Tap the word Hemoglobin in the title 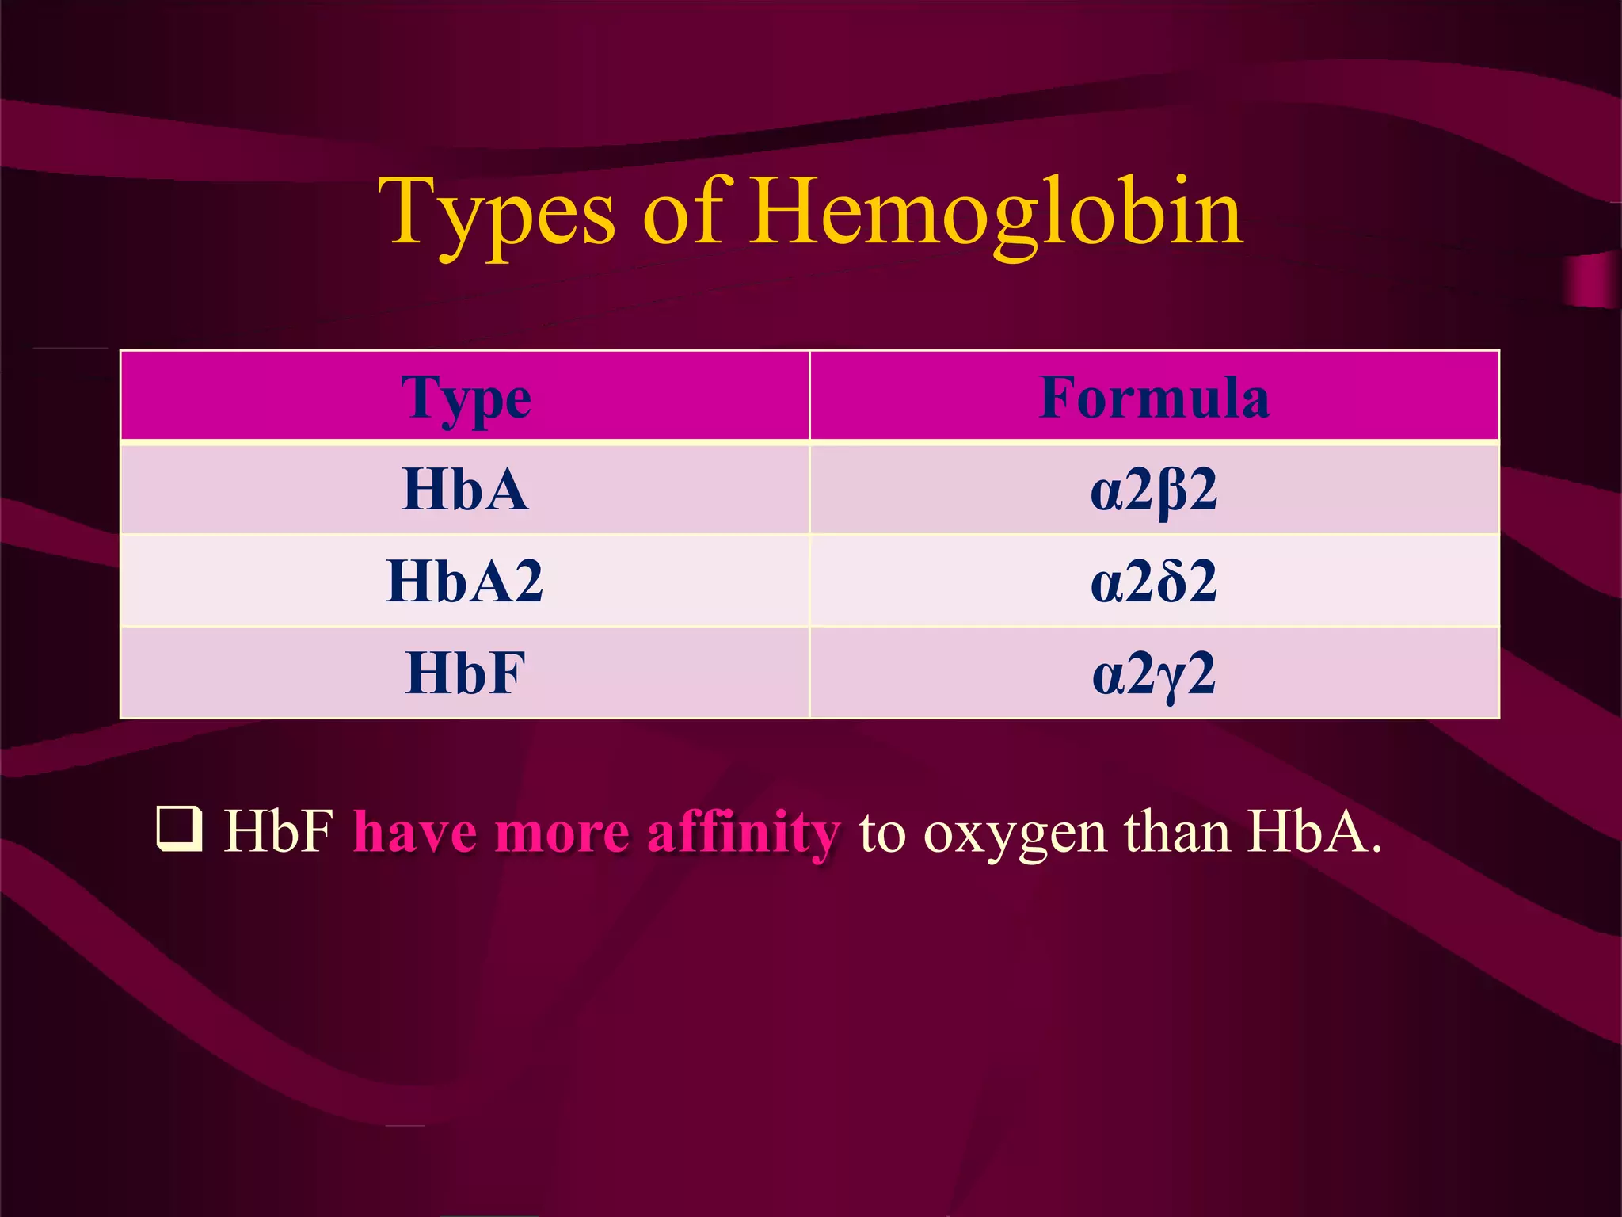pos(996,212)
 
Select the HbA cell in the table pos(466,490)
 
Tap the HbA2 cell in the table pos(466,582)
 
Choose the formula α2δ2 pos(1154,582)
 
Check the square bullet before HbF pos(180,829)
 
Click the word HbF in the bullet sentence pos(278,832)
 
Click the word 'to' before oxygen pos(881,834)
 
